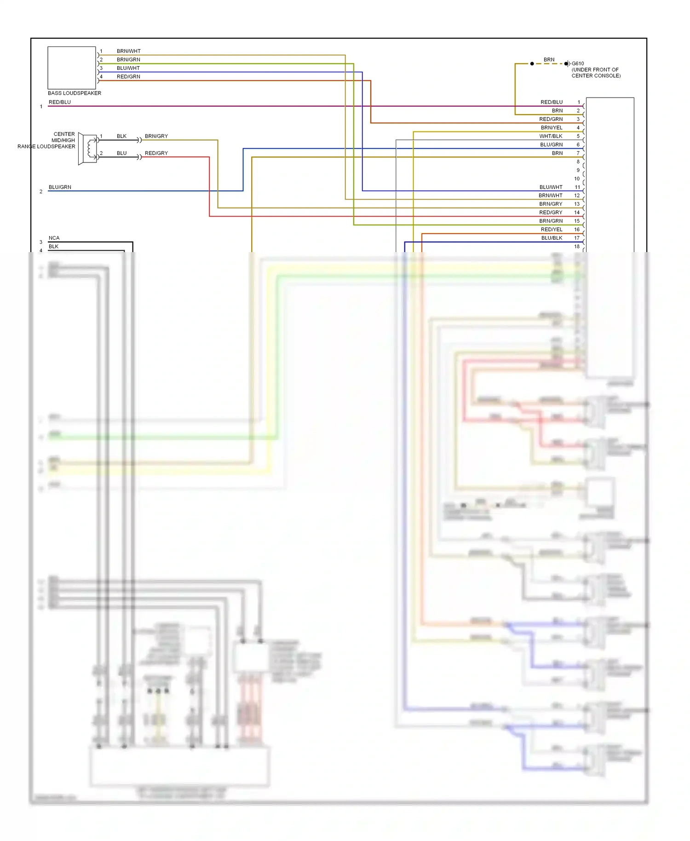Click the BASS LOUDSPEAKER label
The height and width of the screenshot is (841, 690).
click(x=74, y=93)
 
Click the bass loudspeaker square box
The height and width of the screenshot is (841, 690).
click(x=71, y=68)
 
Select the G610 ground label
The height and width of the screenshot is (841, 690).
click(x=578, y=63)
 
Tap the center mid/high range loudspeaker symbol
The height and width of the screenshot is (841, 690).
click(x=88, y=148)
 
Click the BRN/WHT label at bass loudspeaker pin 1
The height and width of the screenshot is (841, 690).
click(x=128, y=51)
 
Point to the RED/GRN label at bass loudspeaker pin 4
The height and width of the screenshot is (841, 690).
click(x=128, y=76)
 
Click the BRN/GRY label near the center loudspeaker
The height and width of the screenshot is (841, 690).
click(x=156, y=136)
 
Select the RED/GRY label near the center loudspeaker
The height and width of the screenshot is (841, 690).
click(x=156, y=153)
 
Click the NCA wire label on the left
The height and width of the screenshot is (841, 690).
click(x=54, y=238)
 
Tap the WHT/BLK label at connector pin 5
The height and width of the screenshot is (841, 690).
click(x=551, y=136)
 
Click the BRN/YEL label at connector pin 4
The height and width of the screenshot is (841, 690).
click(x=551, y=127)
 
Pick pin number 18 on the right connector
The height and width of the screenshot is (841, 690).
click(x=577, y=247)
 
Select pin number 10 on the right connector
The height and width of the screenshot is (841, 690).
click(x=577, y=179)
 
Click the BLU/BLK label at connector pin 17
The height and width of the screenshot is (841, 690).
click(x=552, y=238)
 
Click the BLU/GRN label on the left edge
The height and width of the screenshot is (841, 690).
click(x=60, y=187)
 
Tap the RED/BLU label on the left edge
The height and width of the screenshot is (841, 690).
click(x=60, y=102)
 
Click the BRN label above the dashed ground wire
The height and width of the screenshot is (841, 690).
click(x=549, y=60)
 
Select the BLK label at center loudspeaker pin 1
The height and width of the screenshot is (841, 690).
click(x=121, y=136)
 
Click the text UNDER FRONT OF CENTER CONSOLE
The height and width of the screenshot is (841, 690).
click(x=596, y=73)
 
